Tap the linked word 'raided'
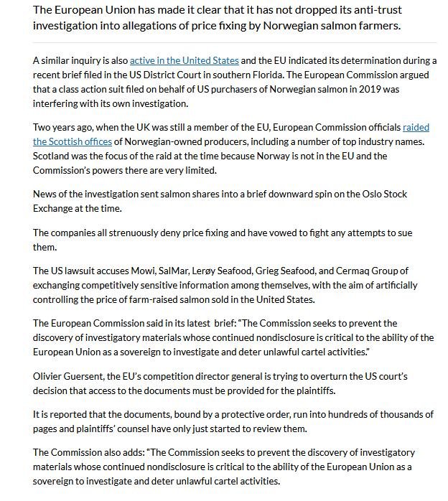click(416, 128)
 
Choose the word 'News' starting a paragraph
click(45, 195)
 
